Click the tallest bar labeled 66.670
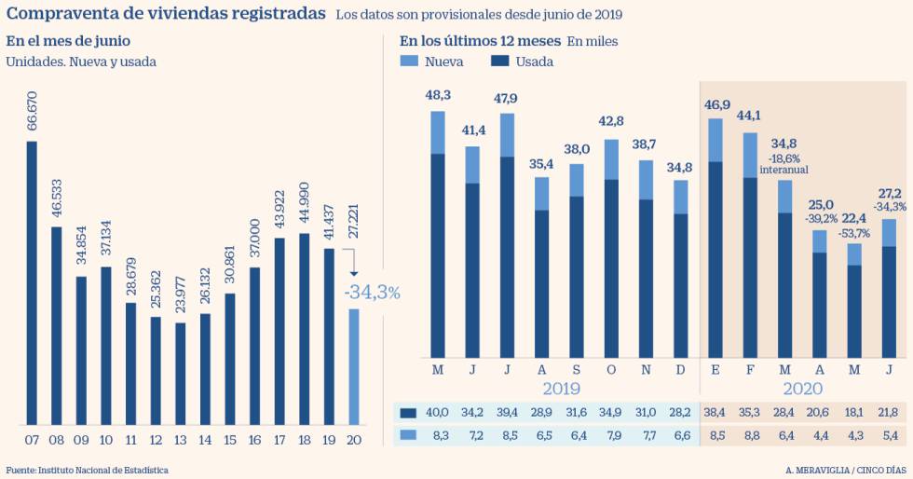[x=32, y=282]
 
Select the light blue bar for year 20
[x=353, y=366]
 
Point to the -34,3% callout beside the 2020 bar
[x=372, y=292]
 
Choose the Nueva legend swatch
[x=410, y=62]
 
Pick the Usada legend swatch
[x=499, y=62]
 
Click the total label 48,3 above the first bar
[x=438, y=95]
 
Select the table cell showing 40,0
[x=437, y=413]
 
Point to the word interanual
[x=784, y=170]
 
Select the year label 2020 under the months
[x=802, y=389]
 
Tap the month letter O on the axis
[x=611, y=371]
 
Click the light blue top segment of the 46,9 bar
[x=716, y=140]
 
